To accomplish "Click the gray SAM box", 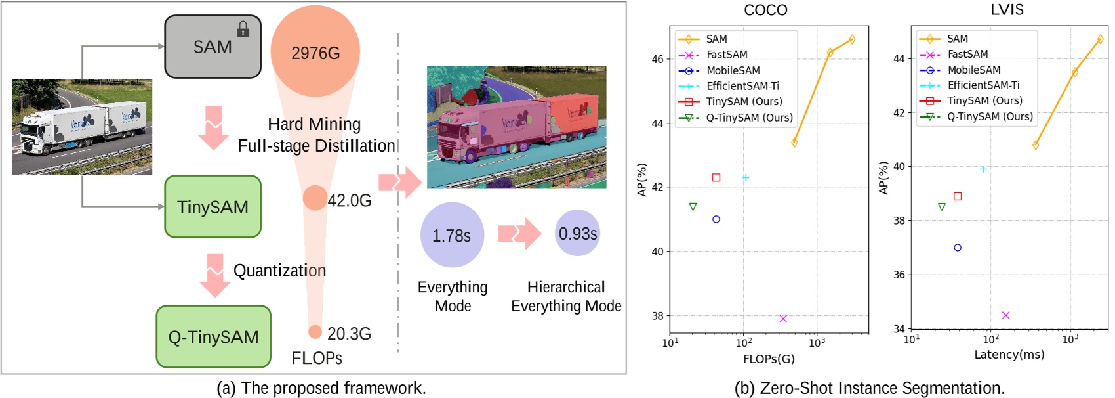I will point(213,47).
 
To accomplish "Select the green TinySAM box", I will point(213,207).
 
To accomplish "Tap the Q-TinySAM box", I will point(213,337).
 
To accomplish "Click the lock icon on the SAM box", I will point(243,30).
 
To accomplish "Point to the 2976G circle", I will point(315,53).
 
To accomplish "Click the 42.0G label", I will point(350,200).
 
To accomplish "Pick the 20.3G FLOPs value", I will point(349,334).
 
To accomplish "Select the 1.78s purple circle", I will point(452,235).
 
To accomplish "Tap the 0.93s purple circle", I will point(577,233).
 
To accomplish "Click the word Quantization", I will point(279,271).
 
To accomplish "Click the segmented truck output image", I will point(516,127).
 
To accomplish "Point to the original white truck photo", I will point(82,127).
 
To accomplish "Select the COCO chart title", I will point(765,10).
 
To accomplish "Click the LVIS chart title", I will point(1007,10).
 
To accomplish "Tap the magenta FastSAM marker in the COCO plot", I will point(783,319).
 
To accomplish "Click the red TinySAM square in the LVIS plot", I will point(958,196).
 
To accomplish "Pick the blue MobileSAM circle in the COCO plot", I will point(716,219).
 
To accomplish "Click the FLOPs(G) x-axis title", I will point(769,359).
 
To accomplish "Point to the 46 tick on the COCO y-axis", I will point(657,59).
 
